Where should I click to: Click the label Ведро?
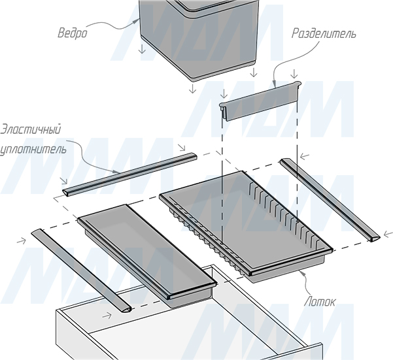[73, 33]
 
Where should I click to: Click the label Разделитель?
[323, 34]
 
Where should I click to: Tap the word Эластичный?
[30, 130]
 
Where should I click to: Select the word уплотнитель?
[33, 149]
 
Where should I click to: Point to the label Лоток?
[320, 302]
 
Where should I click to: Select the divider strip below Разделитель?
[260, 100]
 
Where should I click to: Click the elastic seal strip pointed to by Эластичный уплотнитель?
[129, 174]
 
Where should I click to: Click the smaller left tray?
[147, 255]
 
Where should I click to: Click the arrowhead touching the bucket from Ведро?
[136, 21]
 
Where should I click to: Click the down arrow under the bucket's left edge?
[143, 49]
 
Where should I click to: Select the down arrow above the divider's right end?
[294, 74]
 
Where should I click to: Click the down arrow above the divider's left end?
[224, 93]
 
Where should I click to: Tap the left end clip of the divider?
[223, 109]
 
